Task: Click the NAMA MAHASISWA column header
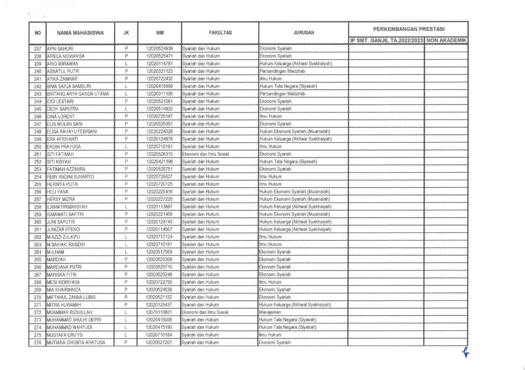tap(80, 33)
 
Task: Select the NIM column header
tap(160, 33)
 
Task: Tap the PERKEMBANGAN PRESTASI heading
tap(408, 29)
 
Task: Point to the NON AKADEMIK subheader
tap(446, 41)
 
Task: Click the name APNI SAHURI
tap(60, 49)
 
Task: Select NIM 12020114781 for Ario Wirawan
tap(159, 64)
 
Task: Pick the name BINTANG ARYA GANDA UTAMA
tap(78, 94)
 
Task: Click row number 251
tap(37, 154)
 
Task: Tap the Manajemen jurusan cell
tap(270, 312)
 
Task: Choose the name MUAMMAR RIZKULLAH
tap(69, 312)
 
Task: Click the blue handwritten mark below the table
tap(465, 352)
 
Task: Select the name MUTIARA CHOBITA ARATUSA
tap(76, 343)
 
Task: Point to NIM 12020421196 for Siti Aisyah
tap(159, 162)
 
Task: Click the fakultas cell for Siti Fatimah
tap(205, 154)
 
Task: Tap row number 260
tap(37, 222)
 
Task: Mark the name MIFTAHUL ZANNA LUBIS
tap(71, 297)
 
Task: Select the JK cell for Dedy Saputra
tap(126, 109)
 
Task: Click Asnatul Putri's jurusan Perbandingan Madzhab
tap(282, 71)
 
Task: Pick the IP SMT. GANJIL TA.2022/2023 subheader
tap(386, 41)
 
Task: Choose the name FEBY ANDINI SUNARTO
tap(70, 177)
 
